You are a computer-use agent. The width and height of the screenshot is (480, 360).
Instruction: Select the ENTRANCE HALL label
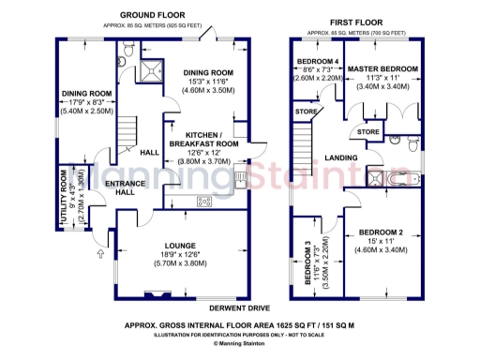click(119, 188)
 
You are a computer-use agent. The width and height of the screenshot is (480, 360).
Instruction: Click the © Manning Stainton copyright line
click(239, 343)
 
